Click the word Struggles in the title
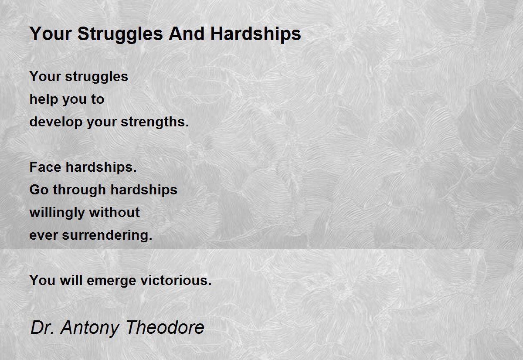coord(120,34)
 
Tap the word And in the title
coord(187,34)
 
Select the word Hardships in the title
coord(256,34)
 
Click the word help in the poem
coord(44,100)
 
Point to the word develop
coord(56,122)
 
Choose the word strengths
coord(155,122)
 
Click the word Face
coord(45,167)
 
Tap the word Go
coord(38,190)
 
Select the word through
coord(79,190)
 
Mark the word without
coord(114,212)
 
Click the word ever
coord(44,236)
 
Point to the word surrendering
coord(107,235)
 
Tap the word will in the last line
coord(71,280)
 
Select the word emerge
coord(112,281)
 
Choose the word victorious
coord(176,280)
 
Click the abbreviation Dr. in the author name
coord(43,328)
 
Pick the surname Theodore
coord(165,327)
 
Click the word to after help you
coord(98,100)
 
